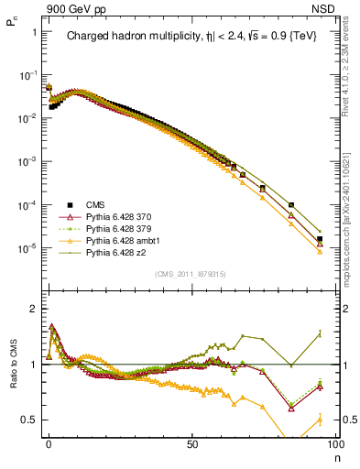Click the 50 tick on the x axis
click(191, 442)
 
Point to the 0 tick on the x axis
click(49, 442)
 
